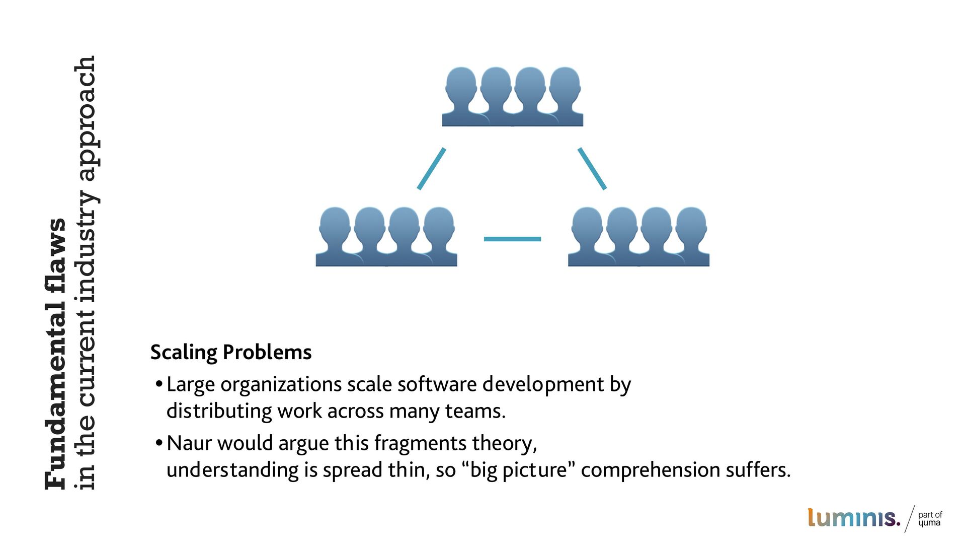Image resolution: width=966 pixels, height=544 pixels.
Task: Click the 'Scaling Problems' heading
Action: pyautogui.click(x=231, y=352)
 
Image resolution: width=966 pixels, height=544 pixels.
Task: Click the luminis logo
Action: pyautogui.click(x=853, y=518)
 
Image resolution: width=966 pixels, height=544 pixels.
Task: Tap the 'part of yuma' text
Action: pyautogui.click(x=930, y=518)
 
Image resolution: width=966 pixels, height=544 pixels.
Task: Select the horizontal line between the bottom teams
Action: pyautogui.click(x=512, y=239)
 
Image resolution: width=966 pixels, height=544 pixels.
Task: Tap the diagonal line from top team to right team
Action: pyautogui.click(x=592, y=168)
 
